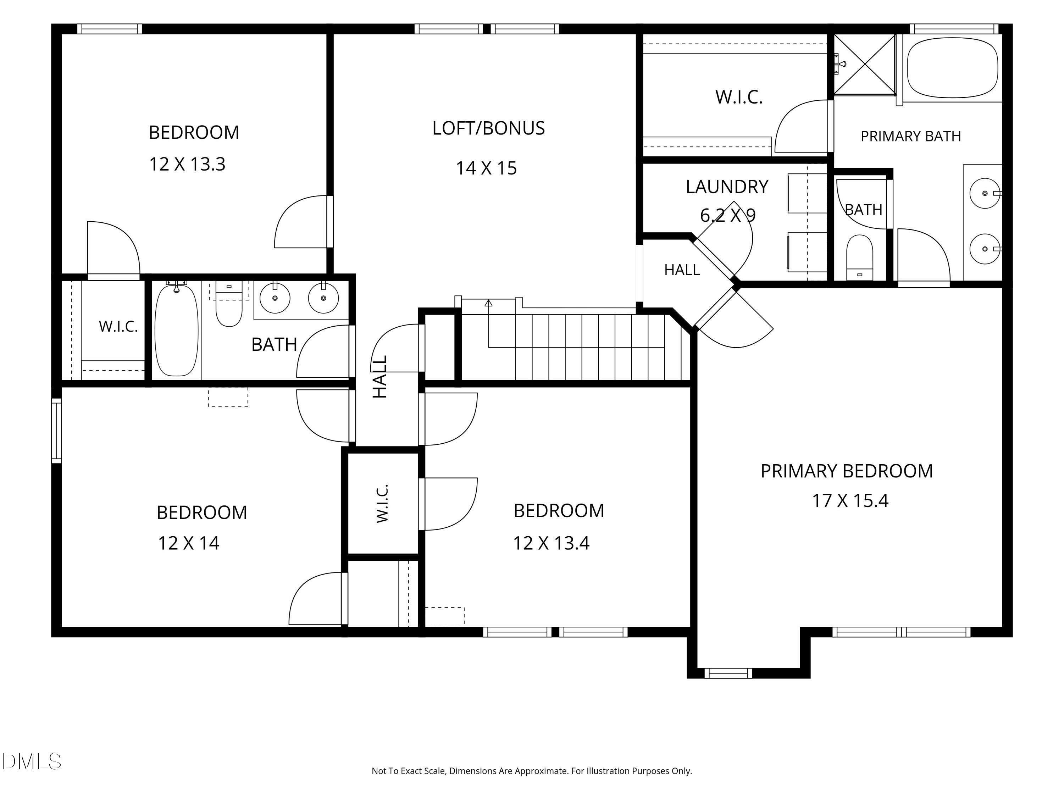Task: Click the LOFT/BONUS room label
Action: point(488,128)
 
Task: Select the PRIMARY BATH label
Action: point(910,137)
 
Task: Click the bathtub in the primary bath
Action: point(952,68)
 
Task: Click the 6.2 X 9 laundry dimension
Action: point(728,215)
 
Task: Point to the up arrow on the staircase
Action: point(489,303)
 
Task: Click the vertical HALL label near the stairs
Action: point(380,377)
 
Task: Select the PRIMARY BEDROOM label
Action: point(847,471)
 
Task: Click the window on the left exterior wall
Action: point(56,431)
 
